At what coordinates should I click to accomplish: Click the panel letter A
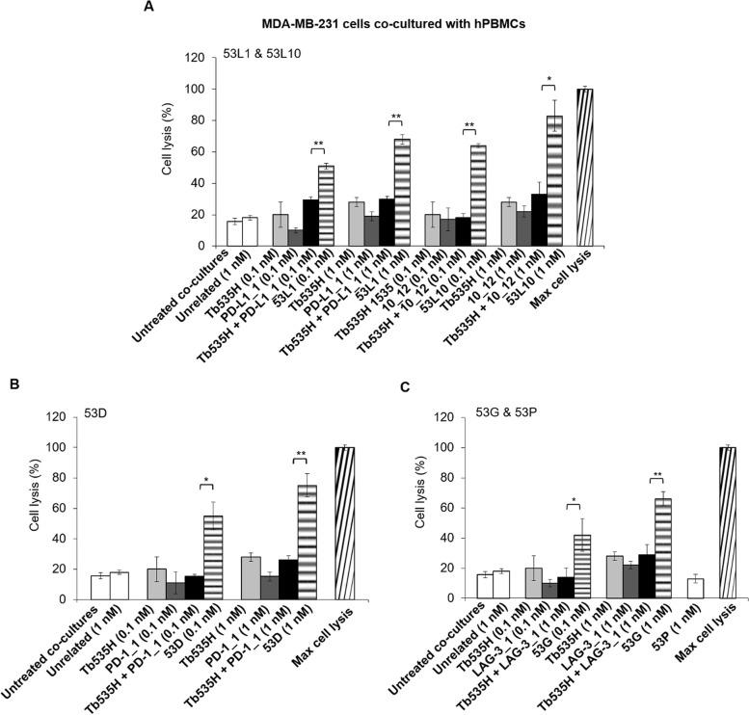149,8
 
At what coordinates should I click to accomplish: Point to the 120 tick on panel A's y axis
198,58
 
